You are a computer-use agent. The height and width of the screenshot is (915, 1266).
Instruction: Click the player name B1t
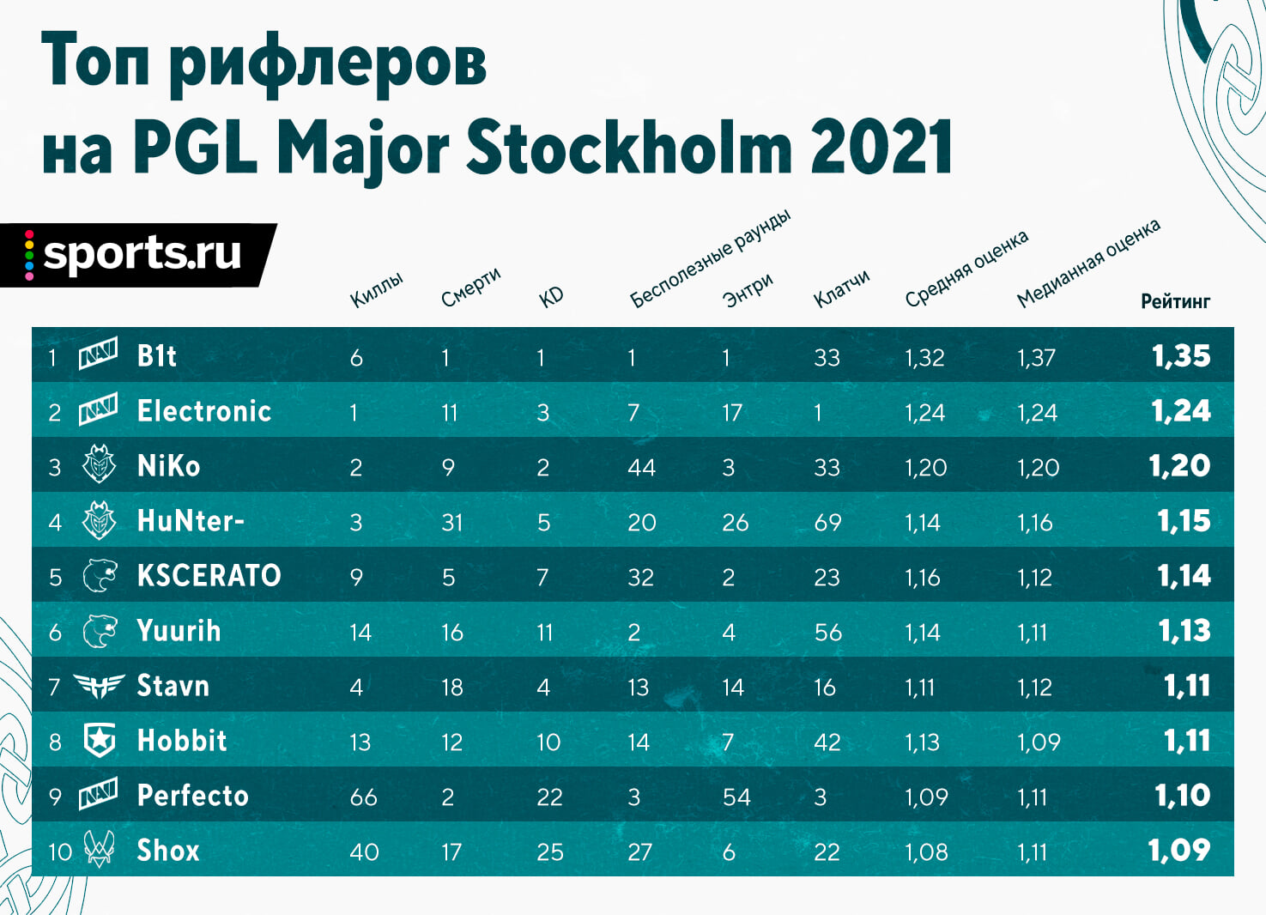click(x=156, y=356)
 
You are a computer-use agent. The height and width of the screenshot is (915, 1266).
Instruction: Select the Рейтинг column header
click(x=1176, y=301)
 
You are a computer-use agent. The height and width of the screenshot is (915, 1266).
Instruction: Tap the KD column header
click(x=551, y=297)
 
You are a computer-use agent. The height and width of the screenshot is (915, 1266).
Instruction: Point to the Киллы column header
click(x=377, y=290)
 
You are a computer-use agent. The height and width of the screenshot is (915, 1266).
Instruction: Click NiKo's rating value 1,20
click(x=1179, y=467)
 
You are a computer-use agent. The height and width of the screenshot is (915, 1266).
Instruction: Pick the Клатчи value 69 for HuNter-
click(x=827, y=522)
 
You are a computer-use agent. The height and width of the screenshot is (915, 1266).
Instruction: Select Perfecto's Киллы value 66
click(x=363, y=797)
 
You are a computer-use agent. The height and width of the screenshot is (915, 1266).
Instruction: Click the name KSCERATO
click(x=209, y=576)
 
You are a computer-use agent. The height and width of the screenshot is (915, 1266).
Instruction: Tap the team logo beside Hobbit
click(x=100, y=740)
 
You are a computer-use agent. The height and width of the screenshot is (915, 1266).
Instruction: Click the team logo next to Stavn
click(x=100, y=686)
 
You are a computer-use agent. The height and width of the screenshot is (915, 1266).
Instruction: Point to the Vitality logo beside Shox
click(x=100, y=849)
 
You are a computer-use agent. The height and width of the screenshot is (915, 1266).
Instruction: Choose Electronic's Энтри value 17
click(x=732, y=413)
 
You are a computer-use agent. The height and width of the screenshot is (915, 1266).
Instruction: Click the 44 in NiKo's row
click(x=641, y=468)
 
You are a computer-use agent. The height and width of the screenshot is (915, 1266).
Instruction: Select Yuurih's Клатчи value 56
click(x=828, y=632)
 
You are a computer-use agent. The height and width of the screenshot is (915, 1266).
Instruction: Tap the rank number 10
click(x=60, y=852)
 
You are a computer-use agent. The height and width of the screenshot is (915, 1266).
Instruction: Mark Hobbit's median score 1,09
click(x=1039, y=742)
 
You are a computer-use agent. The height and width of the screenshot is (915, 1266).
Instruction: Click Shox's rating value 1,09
click(x=1179, y=851)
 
